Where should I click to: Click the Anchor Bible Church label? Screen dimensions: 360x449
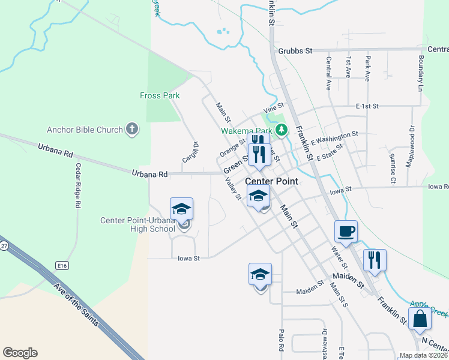85,130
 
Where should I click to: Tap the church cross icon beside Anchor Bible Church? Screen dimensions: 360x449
132,129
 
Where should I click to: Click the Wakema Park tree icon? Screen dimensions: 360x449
282,130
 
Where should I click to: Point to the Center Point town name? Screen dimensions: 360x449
272,181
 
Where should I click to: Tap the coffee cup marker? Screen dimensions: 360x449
346,230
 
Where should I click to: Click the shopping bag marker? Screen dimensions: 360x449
420,319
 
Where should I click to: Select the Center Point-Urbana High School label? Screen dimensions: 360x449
137,224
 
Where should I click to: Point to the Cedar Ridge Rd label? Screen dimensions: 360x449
78,185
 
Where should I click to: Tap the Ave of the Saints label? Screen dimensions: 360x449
76,305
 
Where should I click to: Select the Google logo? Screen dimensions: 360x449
20,353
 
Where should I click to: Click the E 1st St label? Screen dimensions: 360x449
367,106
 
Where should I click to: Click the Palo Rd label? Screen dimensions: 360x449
280,339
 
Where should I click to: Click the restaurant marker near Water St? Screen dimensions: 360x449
375,260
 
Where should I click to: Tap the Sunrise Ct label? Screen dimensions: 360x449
393,168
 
